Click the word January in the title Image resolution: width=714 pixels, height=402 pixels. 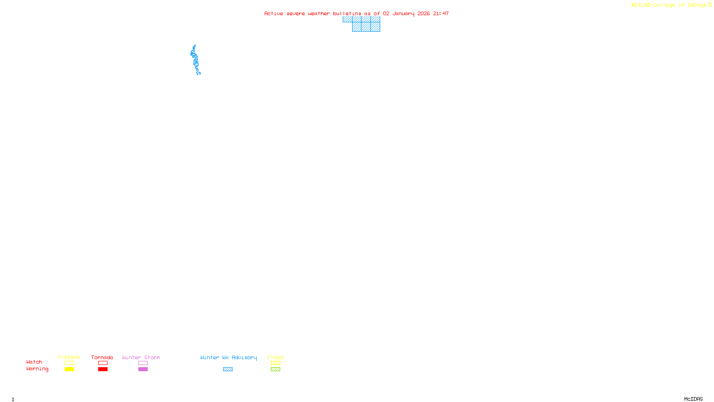point(403,13)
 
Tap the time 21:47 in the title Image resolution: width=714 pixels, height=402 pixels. point(441,13)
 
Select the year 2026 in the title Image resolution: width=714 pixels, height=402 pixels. point(423,13)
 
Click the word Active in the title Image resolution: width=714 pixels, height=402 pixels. point(274,13)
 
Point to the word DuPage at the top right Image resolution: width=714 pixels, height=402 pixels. point(697,5)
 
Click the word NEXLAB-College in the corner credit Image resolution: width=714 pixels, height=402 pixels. point(653,5)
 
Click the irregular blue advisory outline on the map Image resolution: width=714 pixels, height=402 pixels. point(195,60)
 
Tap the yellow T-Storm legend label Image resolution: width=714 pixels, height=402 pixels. point(69,357)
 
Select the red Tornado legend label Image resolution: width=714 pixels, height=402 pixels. point(102,357)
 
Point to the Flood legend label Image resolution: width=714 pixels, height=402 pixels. point(275,357)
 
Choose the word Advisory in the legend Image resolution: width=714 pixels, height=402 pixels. point(244,357)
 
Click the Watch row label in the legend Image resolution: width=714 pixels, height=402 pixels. point(34,362)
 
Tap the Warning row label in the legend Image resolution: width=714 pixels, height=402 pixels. point(37,369)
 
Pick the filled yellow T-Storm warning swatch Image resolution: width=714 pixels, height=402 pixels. point(69,369)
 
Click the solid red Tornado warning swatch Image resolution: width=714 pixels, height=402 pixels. point(103,369)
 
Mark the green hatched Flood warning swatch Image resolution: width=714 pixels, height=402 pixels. point(275,369)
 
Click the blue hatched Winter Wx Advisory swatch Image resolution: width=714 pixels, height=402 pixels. point(228,369)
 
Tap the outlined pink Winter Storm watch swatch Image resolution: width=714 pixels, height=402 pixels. point(143,363)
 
